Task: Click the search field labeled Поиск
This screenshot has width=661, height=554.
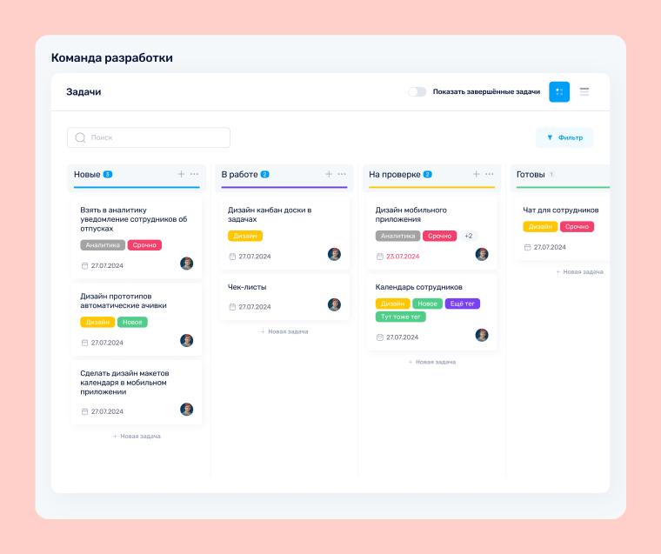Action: click(x=149, y=137)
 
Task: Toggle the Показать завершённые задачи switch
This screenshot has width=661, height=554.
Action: click(x=417, y=91)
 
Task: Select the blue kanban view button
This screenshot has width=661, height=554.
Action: click(x=559, y=91)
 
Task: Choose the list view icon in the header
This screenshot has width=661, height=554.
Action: click(x=584, y=91)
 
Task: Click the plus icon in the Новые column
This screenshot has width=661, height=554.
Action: click(x=181, y=174)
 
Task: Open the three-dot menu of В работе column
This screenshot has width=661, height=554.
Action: click(x=342, y=174)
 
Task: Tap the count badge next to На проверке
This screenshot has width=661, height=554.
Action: click(x=427, y=174)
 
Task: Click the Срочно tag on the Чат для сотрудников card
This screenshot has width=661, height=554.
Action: click(x=577, y=226)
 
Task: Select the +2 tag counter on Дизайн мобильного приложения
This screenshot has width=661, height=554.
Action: click(x=468, y=236)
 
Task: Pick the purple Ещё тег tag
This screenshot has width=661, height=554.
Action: click(x=462, y=304)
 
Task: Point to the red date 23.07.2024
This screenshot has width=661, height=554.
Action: click(x=402, y=257)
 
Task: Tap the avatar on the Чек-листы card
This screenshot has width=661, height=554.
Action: click(x=334, y=304)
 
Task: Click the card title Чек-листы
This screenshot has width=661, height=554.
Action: click(x=247, y=287)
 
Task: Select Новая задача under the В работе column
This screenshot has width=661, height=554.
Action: click(x=284, y=331)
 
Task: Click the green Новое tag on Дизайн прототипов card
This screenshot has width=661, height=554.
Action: click(x=132, y=322)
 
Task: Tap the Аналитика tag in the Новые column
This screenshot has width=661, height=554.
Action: click(x=103, y=245)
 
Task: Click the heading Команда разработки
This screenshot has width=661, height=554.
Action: click(x=111, y=58)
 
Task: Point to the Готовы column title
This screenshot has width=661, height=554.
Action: click(x=531, y=174)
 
